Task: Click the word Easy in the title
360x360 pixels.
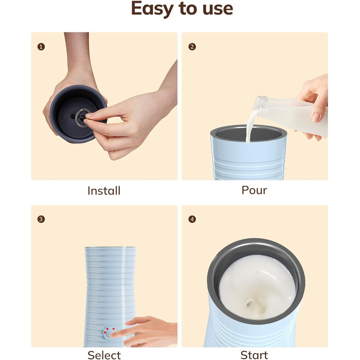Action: tap(152, 9)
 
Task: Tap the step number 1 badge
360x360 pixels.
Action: tap(41, 47)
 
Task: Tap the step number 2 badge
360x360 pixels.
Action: tap(192, 47)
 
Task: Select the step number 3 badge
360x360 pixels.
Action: tap(41, 219)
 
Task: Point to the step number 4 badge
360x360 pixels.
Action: tap(192, 219)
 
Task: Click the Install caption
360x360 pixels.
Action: tap(104, 191)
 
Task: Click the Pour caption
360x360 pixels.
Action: tap(254, 190)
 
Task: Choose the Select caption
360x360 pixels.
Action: tap(104, 355)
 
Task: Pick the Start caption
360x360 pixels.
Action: tap(254, 355)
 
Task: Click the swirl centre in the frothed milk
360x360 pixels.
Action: tap(249, 303)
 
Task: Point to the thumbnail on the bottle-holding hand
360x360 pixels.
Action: tap(316, 117)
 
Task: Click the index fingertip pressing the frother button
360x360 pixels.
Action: tap(113, 335)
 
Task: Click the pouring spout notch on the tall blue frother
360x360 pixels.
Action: tap(126, 248)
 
